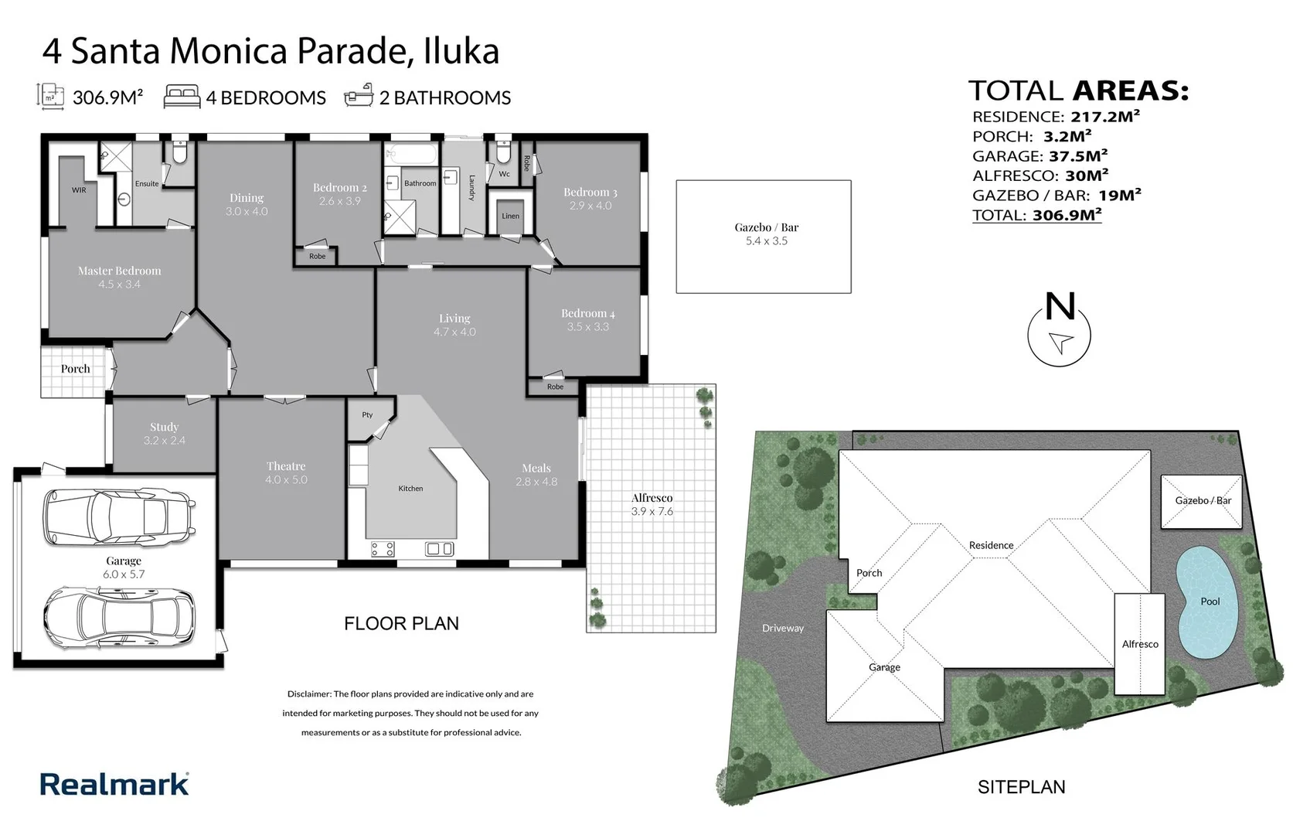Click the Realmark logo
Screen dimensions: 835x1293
[x=114, y=784]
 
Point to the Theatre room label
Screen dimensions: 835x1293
[x=286, y=466]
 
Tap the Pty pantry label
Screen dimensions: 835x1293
[x=367, y=415]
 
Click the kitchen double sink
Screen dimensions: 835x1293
[x=439, y=549]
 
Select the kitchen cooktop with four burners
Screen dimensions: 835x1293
[x=383, y=549]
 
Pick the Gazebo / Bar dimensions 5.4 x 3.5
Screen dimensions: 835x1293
[x=766, y=241]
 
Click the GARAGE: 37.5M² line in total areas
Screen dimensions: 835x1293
[x=1040, y=156]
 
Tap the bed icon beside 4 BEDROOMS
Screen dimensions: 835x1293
[x=182, y=97]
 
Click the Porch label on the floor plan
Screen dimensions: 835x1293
[x=76, y=369]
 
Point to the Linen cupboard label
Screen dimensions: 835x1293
[x=510, y=216]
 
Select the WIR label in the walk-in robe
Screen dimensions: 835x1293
[x=79, y=190]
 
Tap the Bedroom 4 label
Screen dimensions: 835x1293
[x=587, y=313]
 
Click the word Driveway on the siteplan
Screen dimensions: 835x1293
[x=782, y=628]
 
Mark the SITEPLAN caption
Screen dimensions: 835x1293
[x=1021, y=787]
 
